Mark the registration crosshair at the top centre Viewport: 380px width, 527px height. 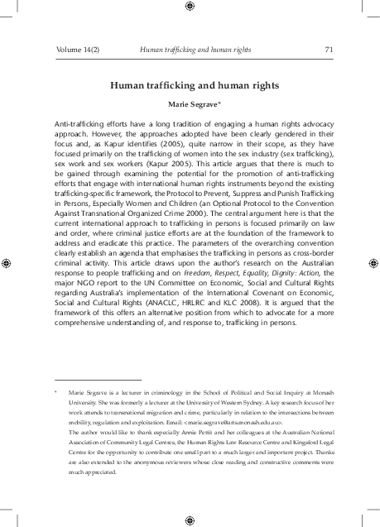point(190,7)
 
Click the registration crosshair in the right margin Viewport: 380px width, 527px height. point(371,263)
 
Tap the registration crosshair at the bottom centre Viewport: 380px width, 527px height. point(190,520)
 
